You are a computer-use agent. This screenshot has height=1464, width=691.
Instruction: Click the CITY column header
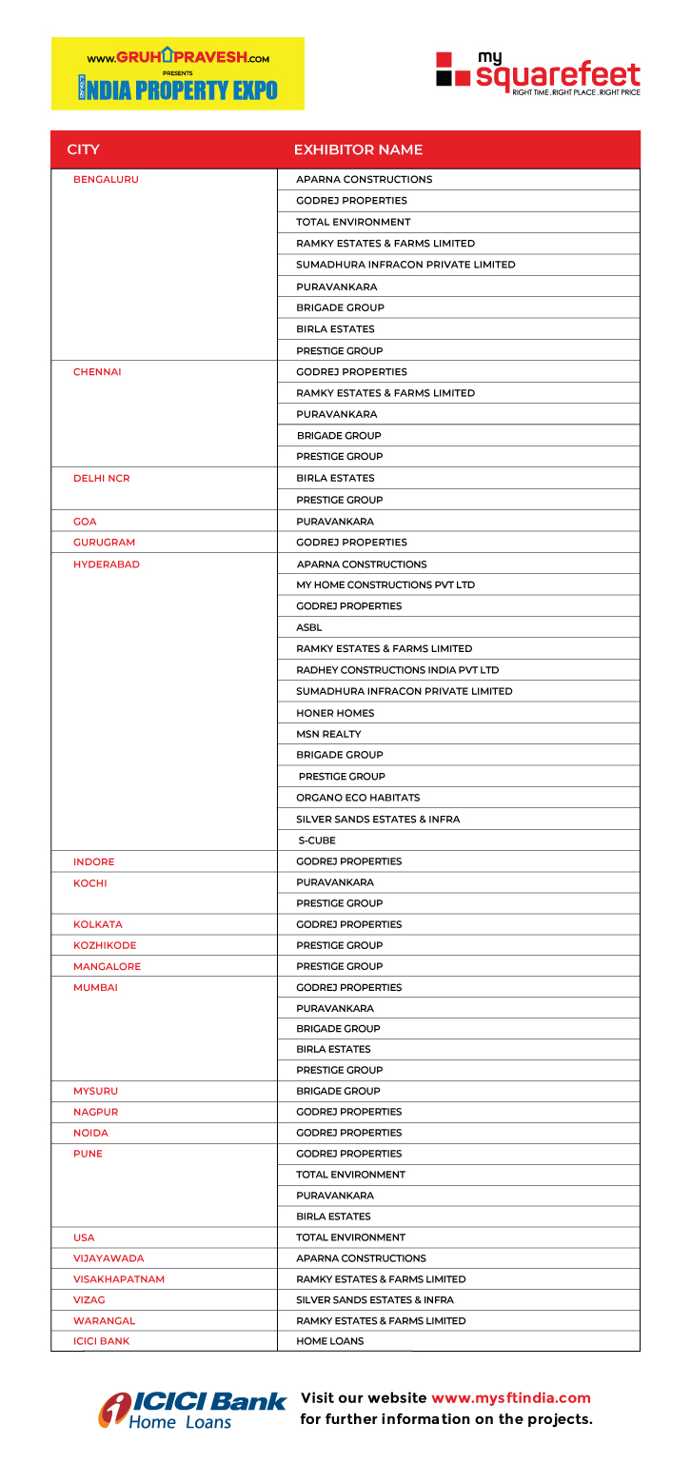pos(84,149)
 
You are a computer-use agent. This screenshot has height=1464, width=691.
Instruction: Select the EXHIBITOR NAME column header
pos(358,149)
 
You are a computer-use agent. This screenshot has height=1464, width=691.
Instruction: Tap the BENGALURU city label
pos(106,179)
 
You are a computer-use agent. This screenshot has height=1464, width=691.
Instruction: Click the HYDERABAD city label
pos(107,564)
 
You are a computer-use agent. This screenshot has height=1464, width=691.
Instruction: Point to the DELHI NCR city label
pos(101,478)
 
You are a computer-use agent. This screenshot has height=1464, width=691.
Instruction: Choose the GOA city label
pos(85,522)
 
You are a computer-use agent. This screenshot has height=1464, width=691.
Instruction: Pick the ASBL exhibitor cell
pos(309,627)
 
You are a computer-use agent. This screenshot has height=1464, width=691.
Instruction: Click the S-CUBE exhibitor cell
pos(317,841)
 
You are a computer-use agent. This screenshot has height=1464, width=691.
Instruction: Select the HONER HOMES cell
pos(335,713)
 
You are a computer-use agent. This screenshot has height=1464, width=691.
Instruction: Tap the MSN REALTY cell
pos(328,734)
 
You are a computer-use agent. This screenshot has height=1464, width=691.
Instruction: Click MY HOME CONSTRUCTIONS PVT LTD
pos(385,584)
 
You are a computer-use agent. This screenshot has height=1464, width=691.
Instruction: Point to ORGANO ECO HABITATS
pos(358,798)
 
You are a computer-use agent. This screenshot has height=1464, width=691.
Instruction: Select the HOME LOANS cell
pos(329,1341)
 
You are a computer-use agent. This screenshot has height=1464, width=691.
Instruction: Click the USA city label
pos(84,1237)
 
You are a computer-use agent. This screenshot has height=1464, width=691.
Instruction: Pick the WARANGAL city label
pos(104,1320)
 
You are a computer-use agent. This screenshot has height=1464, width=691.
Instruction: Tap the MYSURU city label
pos(95,1091)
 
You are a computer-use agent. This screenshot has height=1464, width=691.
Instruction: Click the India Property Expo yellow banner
pos(177,73)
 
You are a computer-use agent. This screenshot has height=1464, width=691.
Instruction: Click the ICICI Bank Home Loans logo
pos(191,1409)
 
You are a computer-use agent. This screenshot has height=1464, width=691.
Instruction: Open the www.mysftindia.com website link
pos(511,1398)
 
